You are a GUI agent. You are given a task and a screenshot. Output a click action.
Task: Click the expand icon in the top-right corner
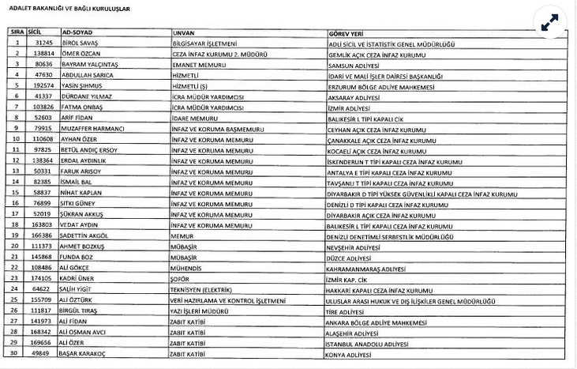550,24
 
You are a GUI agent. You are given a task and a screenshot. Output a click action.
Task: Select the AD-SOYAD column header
73,32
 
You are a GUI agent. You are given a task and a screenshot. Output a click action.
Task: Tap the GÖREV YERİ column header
347,32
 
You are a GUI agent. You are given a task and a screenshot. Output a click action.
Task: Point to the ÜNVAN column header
182,32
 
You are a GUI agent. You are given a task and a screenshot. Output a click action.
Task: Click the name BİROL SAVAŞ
77,43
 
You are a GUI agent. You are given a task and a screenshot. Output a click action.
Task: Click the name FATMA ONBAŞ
78,106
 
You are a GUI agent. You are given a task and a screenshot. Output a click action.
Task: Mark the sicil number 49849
43,353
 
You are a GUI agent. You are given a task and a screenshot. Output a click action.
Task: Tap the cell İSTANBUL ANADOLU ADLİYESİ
369,342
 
